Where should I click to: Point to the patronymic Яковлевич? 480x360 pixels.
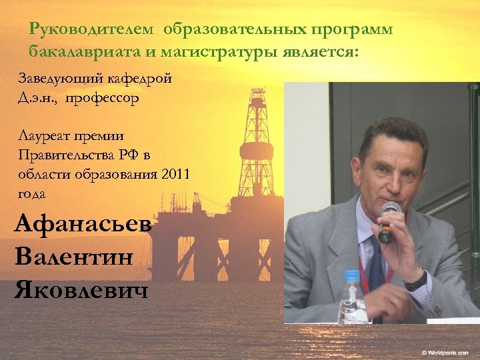(x=81, y=289)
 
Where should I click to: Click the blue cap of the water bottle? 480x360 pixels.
(x=351, y=275)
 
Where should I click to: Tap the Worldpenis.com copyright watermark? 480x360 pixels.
(x=445, y=351)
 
